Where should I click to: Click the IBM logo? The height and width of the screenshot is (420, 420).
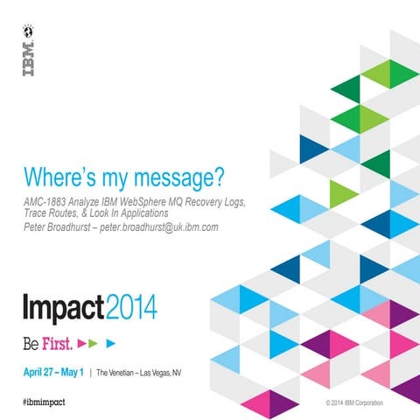28,59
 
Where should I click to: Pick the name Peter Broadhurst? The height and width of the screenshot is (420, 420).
61,227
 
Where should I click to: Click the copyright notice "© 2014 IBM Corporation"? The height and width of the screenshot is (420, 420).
360,403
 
